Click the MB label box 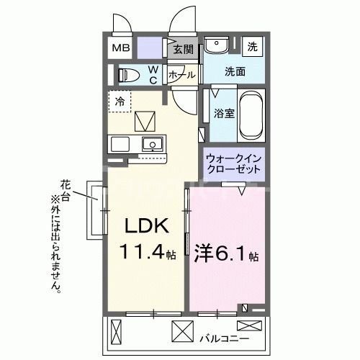click(x=120, y=48)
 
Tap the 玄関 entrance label click(x=184, y=49)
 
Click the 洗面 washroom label click(x=235, y=71)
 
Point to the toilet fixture click(x=130, y=74)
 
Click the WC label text click(x=153, y=75)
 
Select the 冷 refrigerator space click(x=120, y=101)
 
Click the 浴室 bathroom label click(x=222, y=114)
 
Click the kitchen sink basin click(x=152, y=144)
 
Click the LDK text click(x=148, y=227)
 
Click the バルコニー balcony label click(x=229, y=337)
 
